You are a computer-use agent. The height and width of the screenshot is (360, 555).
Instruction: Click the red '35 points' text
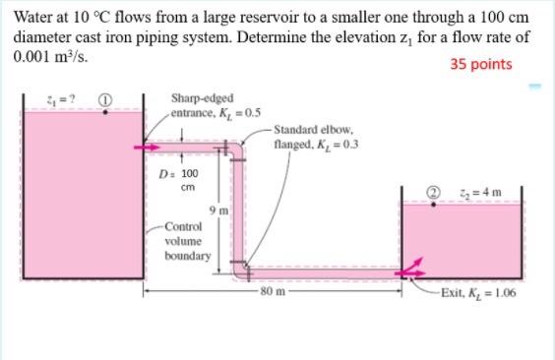(x=481, y=65)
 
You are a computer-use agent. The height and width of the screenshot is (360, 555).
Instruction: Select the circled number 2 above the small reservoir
(x=431, y=192)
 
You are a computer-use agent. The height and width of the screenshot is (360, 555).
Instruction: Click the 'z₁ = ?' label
(x=34, y=98)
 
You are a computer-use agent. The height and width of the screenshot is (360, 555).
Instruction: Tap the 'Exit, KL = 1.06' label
(x=479, y=293)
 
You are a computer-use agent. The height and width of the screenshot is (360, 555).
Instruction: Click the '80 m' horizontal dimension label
(x=274, y=293)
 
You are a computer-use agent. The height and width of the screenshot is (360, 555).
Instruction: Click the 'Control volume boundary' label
(x=187, y=240)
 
